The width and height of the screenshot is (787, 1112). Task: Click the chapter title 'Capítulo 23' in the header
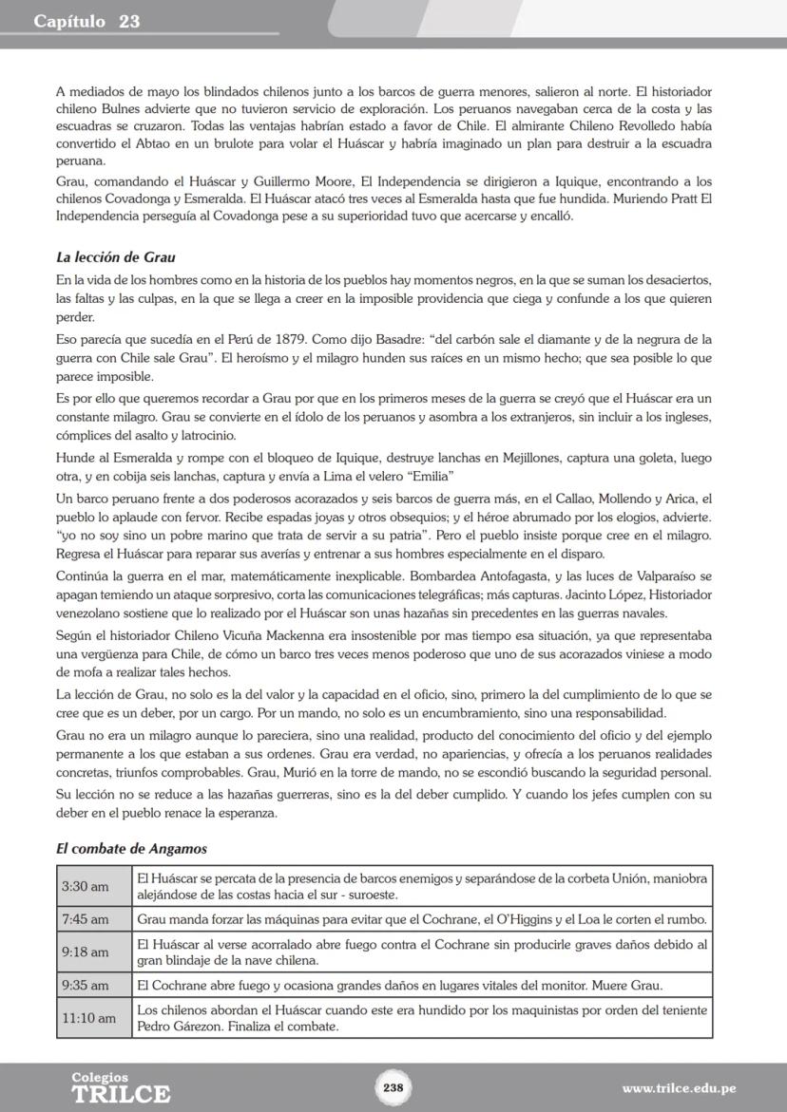click(x=86, y=22)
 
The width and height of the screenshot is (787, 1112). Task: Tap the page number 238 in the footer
click(x=393, y=1087)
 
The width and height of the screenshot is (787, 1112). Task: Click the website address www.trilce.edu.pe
click(x=679, y=1088)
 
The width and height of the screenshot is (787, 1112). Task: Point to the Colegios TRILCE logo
click(x=121, y=1088)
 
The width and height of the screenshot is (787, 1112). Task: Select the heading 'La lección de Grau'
click(x=115, y=257)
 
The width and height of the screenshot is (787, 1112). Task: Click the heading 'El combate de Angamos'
click(x=131, y=848)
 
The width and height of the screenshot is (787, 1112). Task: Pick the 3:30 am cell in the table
click(x=85, y=886)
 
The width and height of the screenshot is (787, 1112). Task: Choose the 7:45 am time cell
click(x=85, y=919)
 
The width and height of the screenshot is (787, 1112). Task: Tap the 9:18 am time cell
click(x=85, y=952)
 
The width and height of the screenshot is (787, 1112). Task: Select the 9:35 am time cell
click(x=85, y=985)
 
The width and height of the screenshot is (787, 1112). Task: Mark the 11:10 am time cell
click(x=88, y=1018)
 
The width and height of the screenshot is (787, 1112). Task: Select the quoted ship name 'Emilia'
click(x=427, y=475)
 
